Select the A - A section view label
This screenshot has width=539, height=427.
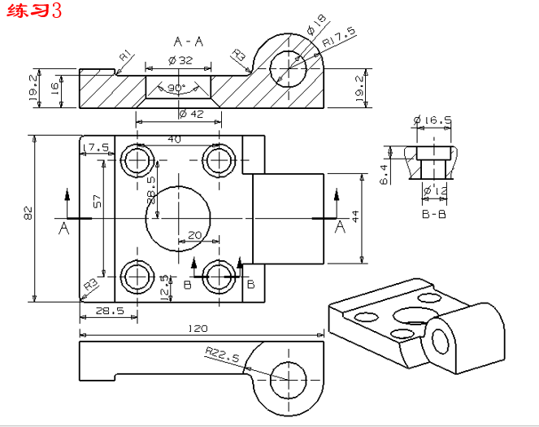189,40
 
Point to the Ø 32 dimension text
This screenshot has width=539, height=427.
180,60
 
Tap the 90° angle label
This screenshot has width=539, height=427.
176,88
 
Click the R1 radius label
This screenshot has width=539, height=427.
125,55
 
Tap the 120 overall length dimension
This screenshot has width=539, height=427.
198,328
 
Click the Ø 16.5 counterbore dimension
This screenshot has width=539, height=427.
433,121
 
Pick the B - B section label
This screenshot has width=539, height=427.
435,215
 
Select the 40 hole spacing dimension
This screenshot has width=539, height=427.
174,139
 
